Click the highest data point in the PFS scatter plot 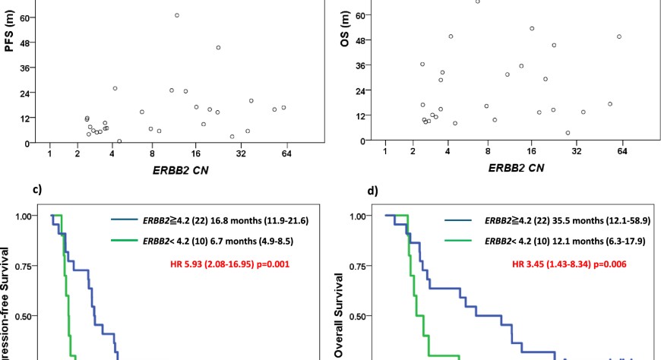pyautogui.click(x=177, y=15)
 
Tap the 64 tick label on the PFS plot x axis pyautogui.click(x=286, y=154)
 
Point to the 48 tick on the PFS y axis pyautogui.click(x=34, y=43)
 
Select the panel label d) pyautogui.click(x=372, y=190)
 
